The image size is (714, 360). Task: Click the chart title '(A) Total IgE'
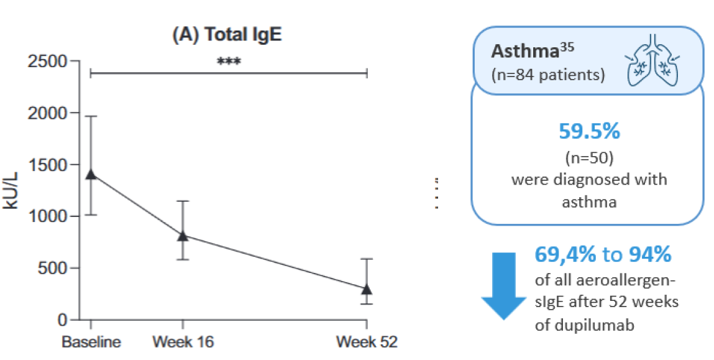(x=227, y=35)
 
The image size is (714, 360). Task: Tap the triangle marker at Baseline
(x=91, y=174)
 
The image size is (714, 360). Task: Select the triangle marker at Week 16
(x=183, y=236)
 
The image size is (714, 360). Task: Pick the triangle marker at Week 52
(x=367, y=289)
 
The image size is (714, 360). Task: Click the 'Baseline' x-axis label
(x=91, y=343)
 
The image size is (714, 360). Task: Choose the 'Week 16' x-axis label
(x=183, y=343)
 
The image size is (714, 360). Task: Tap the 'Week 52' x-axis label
(x=367, y=343)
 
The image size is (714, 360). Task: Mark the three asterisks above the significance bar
(x=229, y=62)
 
